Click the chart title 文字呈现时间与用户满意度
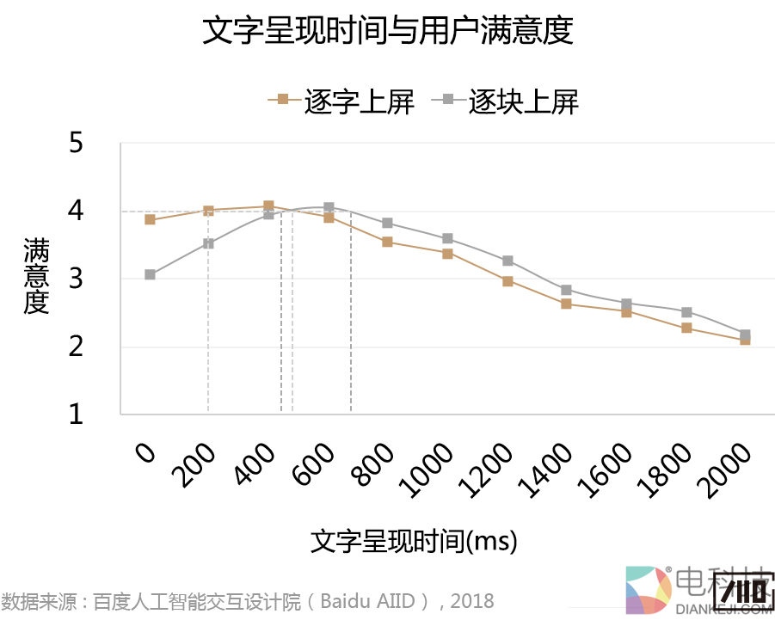(x=387, y=32)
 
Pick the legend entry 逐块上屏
(x=523, y=101)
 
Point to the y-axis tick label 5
(x=76, y=143)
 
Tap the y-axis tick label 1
(x=76, y=414)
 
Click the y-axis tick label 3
(x=76, y=279)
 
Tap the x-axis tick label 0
(x=147, y=452)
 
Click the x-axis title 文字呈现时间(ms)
(x=414, y=542)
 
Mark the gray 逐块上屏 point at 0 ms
(x=150, y=275)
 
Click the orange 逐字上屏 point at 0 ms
(x=150, y=219)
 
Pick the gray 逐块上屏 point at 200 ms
(x=208, y=243)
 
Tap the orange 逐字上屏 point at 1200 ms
(x=507, y=281)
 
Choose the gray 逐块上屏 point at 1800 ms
(x=686, y=312)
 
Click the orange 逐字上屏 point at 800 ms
(x=387, y=242)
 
